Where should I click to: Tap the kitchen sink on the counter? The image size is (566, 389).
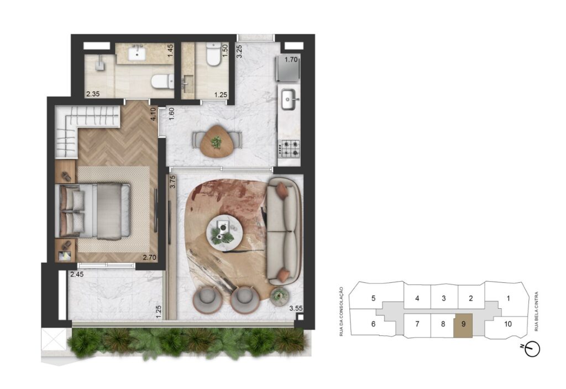tap(290, 98)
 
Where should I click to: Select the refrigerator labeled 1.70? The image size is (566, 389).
tap(287, 68)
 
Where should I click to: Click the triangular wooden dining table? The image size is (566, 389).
tap(217, 141)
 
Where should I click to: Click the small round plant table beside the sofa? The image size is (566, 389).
tap(279, 297)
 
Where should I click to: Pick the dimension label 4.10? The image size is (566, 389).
tap(154, 114)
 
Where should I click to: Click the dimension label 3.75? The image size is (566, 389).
tap(172, 181)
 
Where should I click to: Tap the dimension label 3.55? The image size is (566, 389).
tap(296, 308)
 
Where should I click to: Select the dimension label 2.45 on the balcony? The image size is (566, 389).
tap(77, 274)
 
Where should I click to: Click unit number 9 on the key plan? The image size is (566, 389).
tap(464, 324)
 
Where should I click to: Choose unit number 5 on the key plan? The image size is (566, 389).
tap(373, 298)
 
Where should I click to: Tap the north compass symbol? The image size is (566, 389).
tap(532, 349)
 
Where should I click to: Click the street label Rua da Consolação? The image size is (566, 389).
tap(341, 312)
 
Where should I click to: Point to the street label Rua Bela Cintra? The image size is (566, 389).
tap(536, 312)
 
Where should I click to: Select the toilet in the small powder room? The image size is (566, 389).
tap(213, 54)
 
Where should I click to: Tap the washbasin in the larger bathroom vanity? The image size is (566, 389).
tap(138, 54)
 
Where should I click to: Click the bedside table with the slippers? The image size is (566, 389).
tap(65, 172)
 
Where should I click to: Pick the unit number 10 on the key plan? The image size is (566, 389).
tap(508, 324)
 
